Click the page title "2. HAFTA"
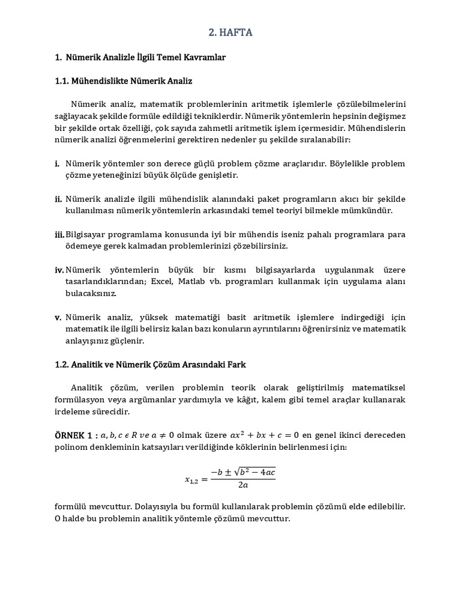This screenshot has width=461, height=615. coord(230,33)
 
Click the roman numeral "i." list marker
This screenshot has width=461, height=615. coord(57,164)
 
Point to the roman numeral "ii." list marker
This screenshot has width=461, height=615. coord(58,199)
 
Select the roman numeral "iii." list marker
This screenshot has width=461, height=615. coord(59,235)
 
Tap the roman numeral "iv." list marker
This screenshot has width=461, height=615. coord(59,270)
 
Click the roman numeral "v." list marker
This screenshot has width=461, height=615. coord(58,317)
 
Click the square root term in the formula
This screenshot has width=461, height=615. coord(258,472)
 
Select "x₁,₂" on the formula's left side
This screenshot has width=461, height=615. coord(192,479)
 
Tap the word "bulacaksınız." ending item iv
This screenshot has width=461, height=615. coord(91,294)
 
